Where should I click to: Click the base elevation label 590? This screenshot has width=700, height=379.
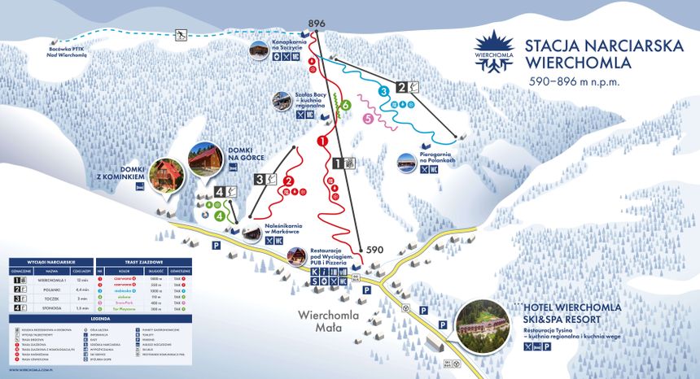click(374, 250)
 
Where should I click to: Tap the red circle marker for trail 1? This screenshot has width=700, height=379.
click(322, 141)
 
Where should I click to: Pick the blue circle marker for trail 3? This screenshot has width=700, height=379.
click(382, 91)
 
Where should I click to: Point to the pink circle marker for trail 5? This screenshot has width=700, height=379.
click(368, 119)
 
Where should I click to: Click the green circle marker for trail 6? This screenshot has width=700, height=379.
click(346, 105)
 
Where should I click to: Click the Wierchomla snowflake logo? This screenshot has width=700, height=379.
click(495, 50)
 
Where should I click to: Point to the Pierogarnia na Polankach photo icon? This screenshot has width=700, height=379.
click(405, 163)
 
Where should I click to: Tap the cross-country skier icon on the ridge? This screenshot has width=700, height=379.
click(180, 34)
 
